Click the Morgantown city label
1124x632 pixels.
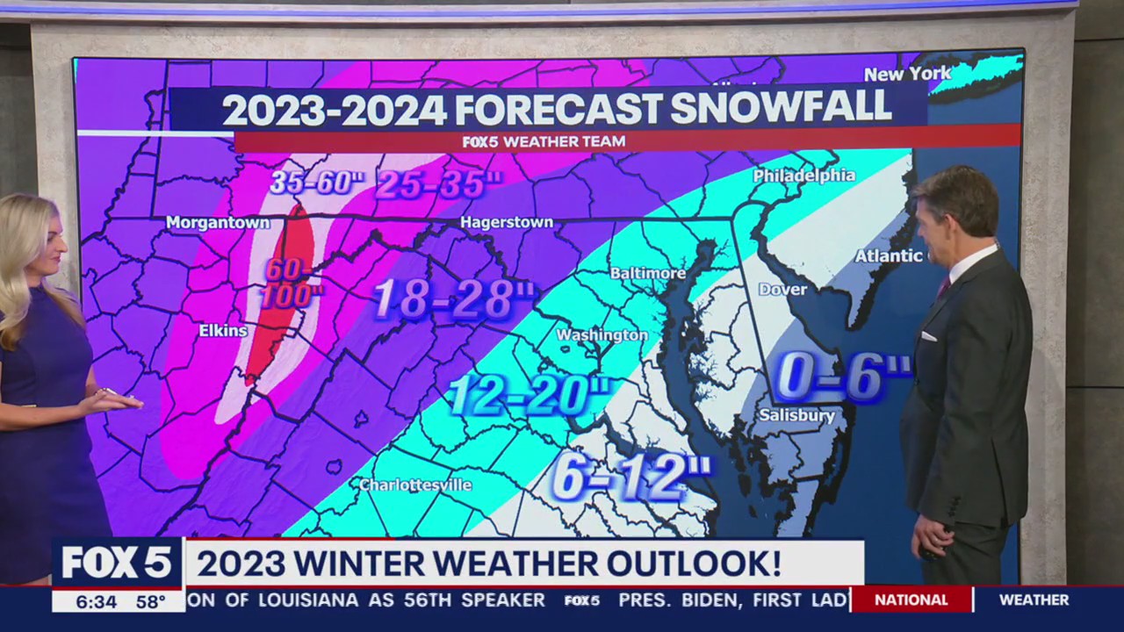click(x=218, y=223)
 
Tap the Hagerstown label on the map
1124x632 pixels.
click(x=507, y=222)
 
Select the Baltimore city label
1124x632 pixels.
click(x=647, y=273)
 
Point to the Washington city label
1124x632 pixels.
click(x=602, y=335)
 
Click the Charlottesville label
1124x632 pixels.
click(x=415, y=485)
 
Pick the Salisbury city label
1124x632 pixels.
click(x=796, y=415)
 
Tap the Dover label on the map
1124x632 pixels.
click(x=782, y=289)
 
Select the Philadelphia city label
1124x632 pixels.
click(x=803, y=176)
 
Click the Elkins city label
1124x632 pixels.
click(x=223, y=331)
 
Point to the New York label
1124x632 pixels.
click(x=907, y=74)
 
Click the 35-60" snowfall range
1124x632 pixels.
click(x=316, y=183)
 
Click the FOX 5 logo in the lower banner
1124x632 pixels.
click(x=117, y=563)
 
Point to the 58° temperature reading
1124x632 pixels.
click(x=150, y=602)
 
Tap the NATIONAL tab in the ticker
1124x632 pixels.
click(x=911, y=600)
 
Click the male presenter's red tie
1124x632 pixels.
click(x=943, y=284)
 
